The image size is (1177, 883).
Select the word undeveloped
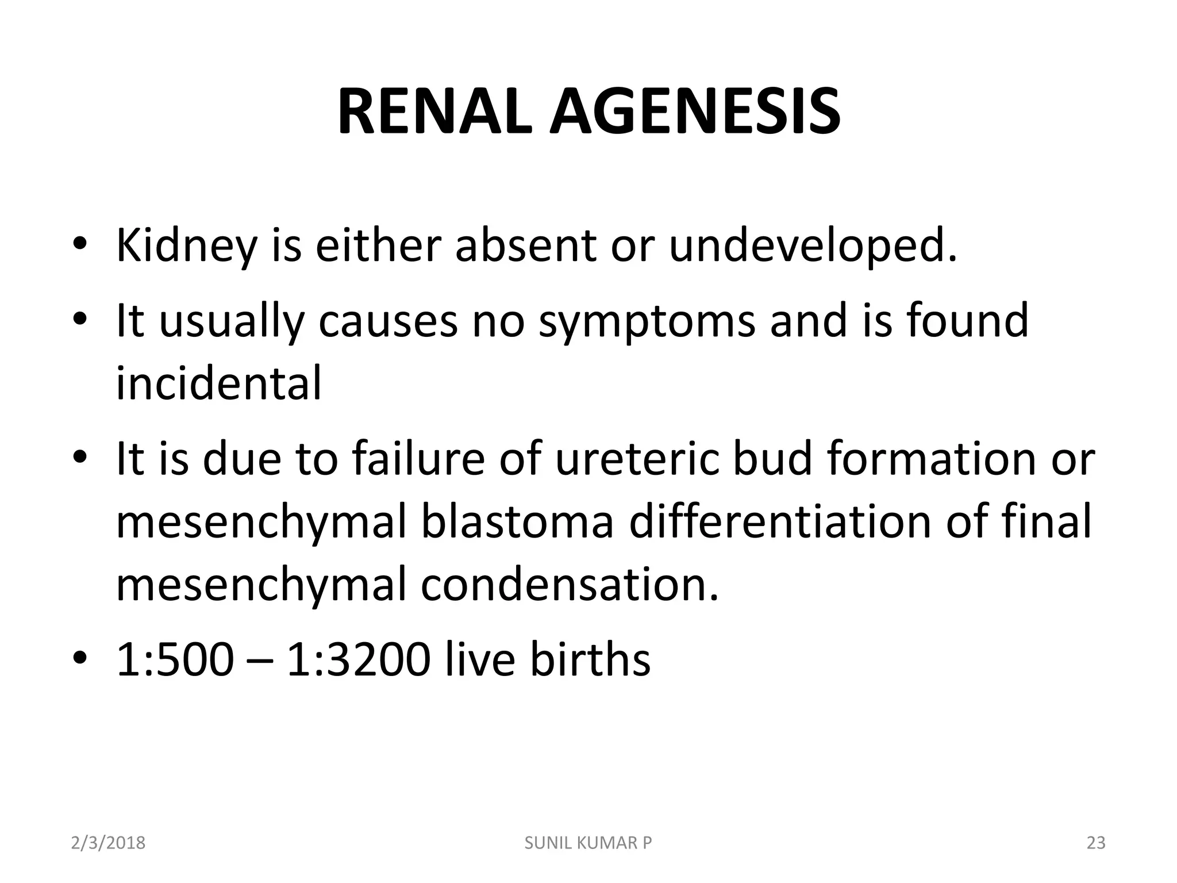click(813, 246)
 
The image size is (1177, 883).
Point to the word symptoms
click(647, 321)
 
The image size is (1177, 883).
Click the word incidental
click(219, 383)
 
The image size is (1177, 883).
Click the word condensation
click(570, 584)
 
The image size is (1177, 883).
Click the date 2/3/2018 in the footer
click(108, 843)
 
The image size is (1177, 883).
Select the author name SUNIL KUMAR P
click(588, 843)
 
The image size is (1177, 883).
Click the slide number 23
click(1096, 843)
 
